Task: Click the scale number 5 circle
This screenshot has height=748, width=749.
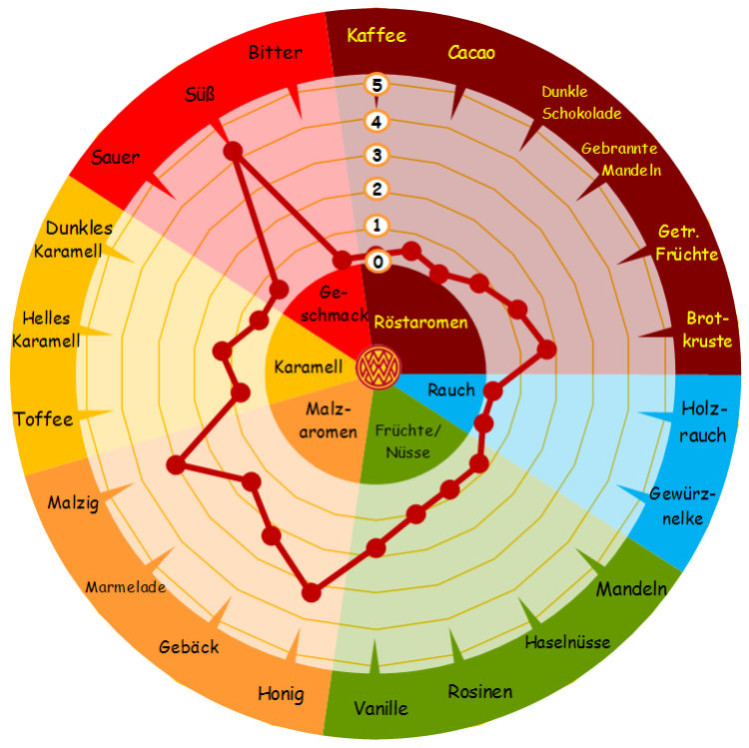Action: tap(376, 85)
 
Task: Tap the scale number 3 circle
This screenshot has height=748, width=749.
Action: tap(376, 155)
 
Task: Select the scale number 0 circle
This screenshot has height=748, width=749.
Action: tap(377, 262)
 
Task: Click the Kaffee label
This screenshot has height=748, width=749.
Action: tap(376, 35)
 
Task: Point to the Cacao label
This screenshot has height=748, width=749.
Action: tap(471, 53)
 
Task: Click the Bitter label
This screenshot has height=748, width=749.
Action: tap(276, 52)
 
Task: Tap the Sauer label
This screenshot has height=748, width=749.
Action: tap(115, 157)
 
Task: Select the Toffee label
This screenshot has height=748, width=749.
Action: tap(44, 418)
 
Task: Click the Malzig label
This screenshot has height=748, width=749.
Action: tap(73, 502)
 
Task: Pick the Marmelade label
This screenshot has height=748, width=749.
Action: tap(126, 586)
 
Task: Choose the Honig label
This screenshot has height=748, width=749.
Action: tap(281, 694)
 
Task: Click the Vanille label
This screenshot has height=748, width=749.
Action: tap(380, 708)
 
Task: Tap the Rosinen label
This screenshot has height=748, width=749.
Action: tap(480, 691)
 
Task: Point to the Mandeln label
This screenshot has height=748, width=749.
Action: tap(631, 589)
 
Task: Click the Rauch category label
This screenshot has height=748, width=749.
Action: tap(451, 389)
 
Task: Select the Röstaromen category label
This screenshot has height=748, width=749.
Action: tap(420, 322)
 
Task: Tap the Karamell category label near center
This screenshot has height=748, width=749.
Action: tap(309, 367)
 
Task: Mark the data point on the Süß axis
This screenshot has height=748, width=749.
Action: tap(233, 151)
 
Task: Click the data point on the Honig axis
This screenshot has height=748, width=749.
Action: tap(312, 593)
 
